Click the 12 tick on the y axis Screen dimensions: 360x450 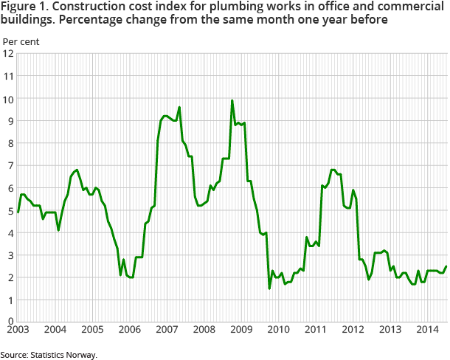8,54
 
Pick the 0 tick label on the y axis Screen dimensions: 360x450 10,320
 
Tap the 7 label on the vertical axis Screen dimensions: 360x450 10,166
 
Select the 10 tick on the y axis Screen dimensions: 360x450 8,99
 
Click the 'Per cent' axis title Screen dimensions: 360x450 21,41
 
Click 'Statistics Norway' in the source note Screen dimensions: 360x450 66,355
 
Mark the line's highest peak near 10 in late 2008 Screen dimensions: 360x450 232,100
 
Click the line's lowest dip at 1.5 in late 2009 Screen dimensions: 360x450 269,288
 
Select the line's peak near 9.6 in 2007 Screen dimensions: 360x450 179,107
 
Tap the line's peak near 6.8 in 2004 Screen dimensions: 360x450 77,170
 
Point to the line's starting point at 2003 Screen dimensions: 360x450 18,212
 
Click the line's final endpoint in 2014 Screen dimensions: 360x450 446,266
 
